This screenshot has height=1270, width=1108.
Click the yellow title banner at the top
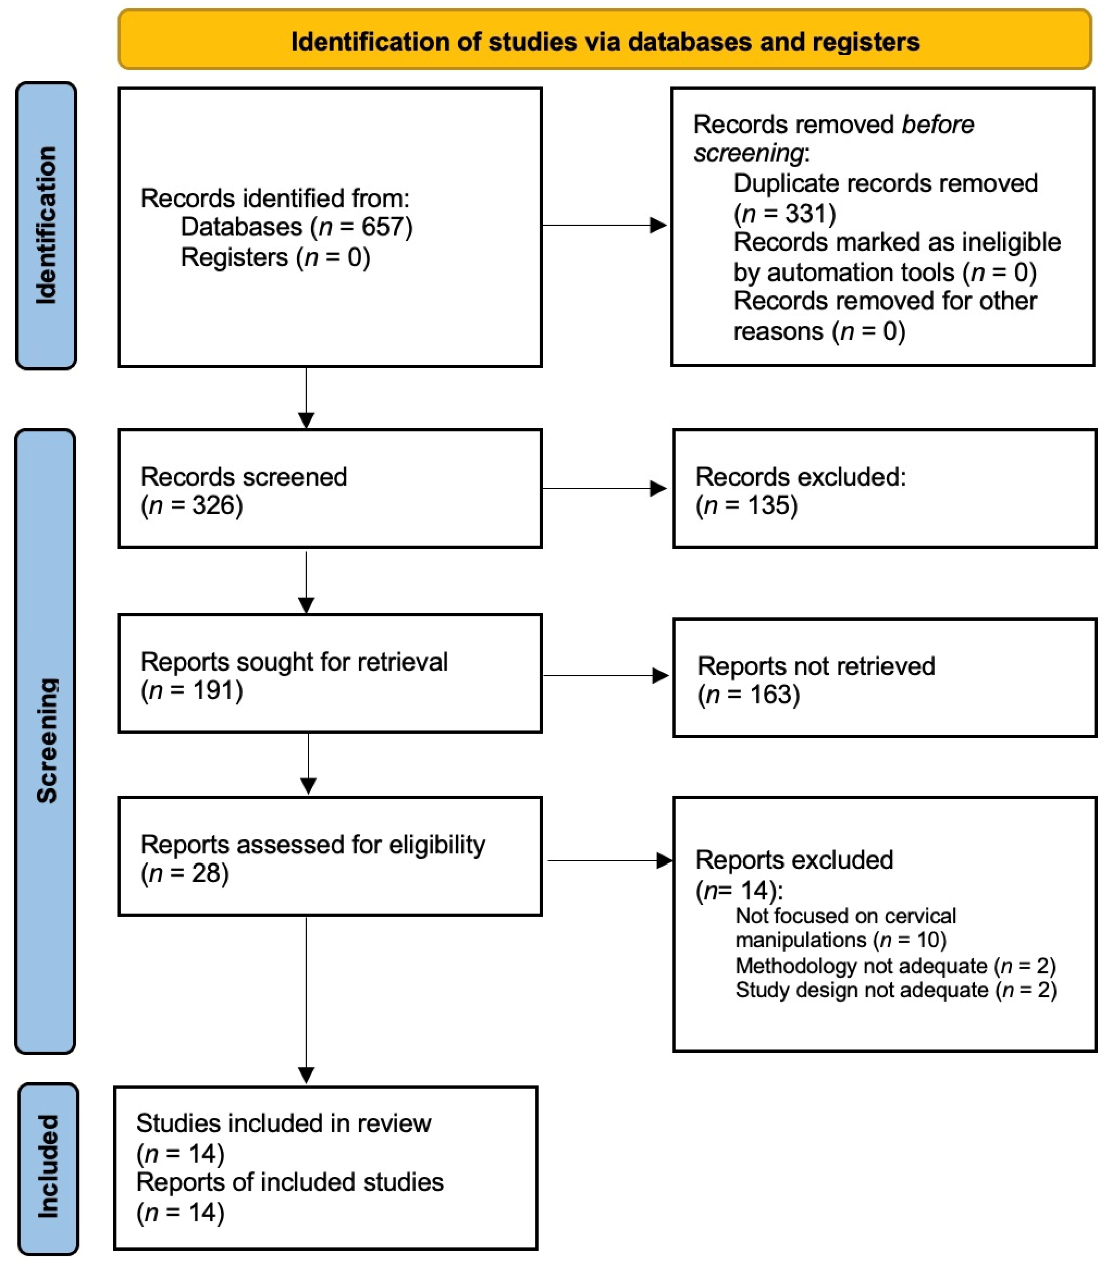click(x=605, y=39)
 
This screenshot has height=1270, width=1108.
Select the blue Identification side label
click(x=46, y=226)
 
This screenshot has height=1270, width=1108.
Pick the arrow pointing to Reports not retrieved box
click(x=605, y=676)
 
